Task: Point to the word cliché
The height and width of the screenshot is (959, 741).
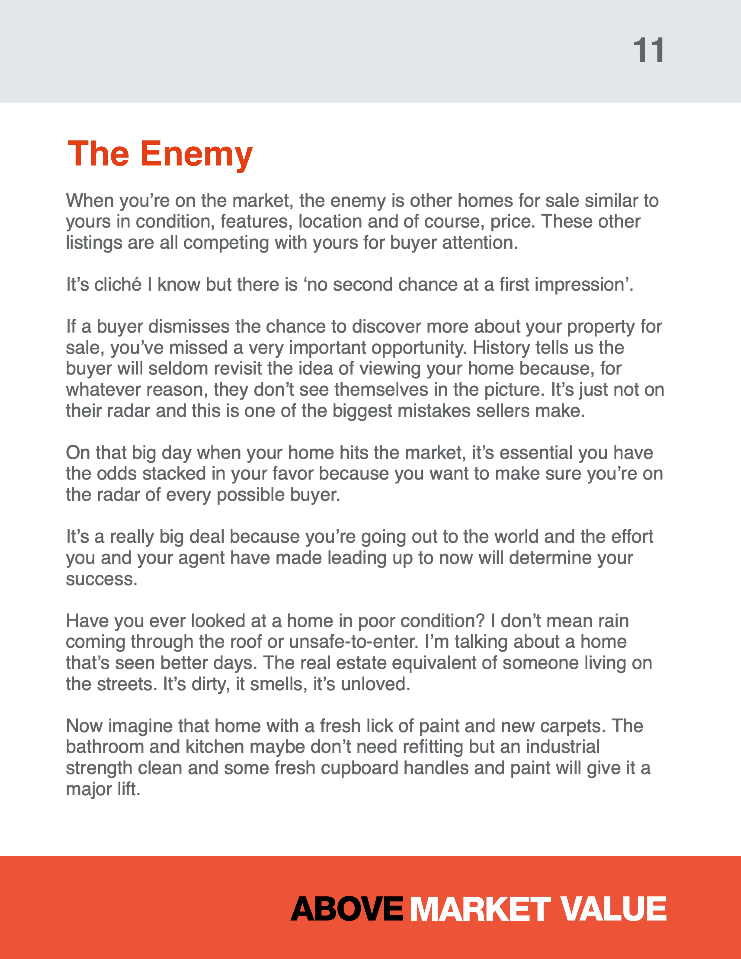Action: click(x=118, y=285)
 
